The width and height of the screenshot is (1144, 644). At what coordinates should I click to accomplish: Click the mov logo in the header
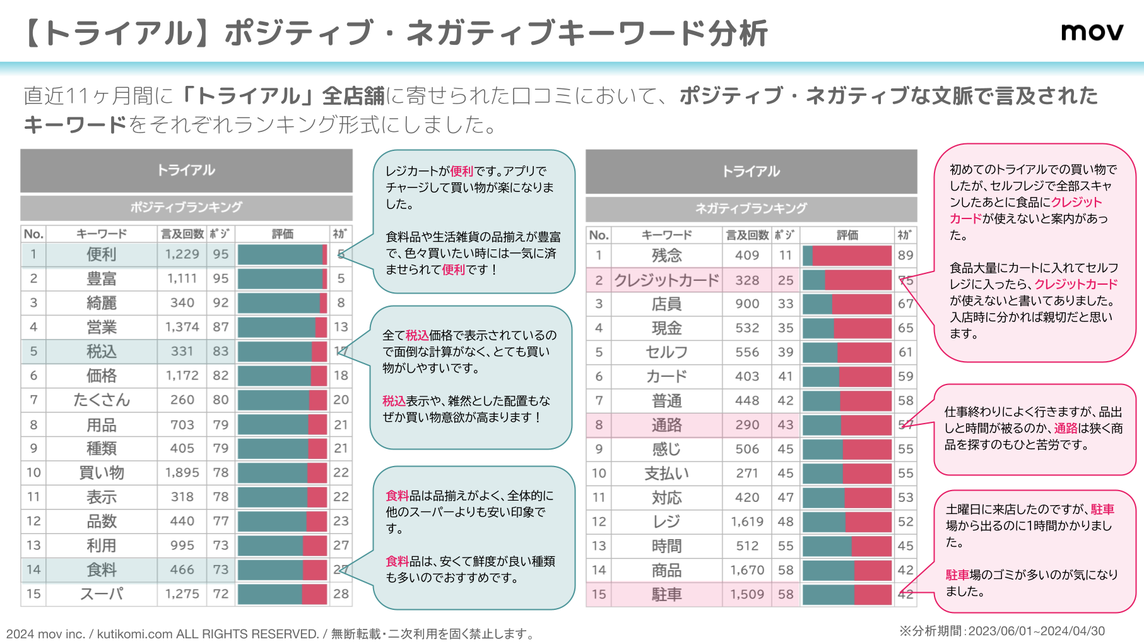(x=1092, y=32)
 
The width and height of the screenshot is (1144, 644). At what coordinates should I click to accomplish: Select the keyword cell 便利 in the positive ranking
(x=101, y=254)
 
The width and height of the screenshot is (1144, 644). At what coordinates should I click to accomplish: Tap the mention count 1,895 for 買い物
(x=182, y=472)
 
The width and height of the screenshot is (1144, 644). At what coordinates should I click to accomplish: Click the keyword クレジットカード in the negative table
(x=666, y=280)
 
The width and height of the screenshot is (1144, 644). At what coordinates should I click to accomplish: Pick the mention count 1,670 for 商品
(x=747, y=570)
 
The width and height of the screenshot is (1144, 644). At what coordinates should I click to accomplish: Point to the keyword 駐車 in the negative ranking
(x=666, y=594)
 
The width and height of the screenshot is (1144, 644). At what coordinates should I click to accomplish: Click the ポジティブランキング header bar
(x=186, y=207)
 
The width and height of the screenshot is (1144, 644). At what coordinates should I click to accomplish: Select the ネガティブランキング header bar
(x=751, y=208)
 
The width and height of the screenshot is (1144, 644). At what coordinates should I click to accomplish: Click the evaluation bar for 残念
(x=847, y=256)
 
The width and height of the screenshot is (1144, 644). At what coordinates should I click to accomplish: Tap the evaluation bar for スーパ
(x=282, y=594)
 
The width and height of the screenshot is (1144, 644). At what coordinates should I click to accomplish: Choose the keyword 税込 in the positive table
(x=101, y=351)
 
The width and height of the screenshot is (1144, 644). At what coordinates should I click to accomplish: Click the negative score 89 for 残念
(x=905, y=256)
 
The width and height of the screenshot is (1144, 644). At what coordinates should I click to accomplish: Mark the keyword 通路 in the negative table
(x=666, y=425)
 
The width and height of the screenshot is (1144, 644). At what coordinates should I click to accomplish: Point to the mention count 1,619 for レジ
(x=747, y=522)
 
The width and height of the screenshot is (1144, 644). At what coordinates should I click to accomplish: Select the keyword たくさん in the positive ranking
(x=101, y=400)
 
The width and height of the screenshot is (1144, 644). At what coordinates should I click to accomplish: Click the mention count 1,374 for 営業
(x=182, y=327)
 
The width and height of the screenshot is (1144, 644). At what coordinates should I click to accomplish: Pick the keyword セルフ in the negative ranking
(x=666, y=352)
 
